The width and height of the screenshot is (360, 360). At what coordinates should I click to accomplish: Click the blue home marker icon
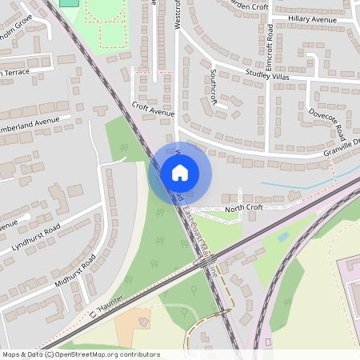tap(179, 172)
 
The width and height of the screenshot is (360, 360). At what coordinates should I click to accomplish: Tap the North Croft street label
tap(243, 208)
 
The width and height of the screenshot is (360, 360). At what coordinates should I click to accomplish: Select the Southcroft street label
tap(213, 81)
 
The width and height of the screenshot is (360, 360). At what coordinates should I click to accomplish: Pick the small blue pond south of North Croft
tap(283, 238)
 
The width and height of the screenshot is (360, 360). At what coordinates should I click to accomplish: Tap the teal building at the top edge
tap(70, 2)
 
